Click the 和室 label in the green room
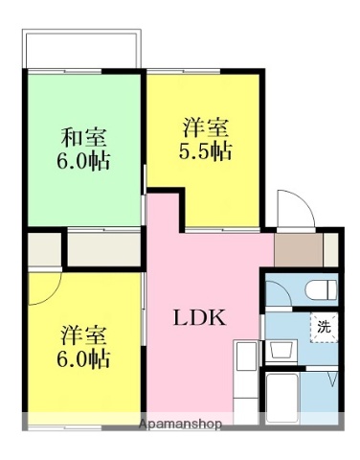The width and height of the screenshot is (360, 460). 83,136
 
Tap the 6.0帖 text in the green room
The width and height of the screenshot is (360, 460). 83,158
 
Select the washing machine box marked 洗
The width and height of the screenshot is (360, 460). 324,327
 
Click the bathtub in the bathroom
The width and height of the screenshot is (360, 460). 283,397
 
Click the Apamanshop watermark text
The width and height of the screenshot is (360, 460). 180,424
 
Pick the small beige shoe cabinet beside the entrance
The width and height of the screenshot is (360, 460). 331,250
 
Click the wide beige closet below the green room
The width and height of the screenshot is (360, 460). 103,248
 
